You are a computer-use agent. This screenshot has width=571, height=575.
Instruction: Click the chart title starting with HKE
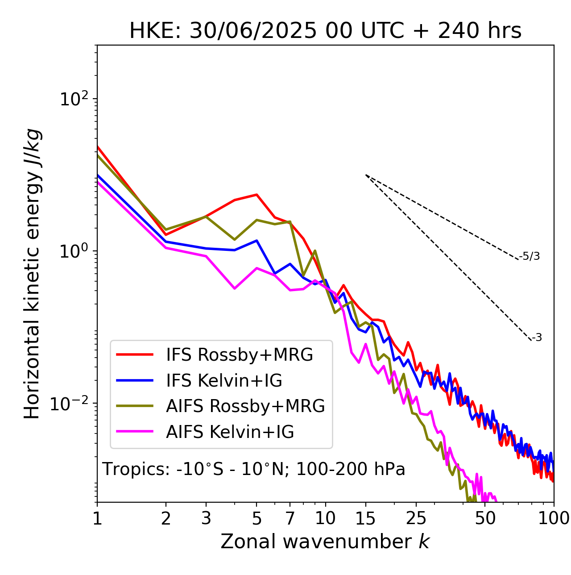pos(325,31)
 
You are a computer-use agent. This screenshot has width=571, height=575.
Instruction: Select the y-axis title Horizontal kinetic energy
pos(33,274)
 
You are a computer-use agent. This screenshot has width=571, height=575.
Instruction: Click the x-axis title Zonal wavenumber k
pos(325,542)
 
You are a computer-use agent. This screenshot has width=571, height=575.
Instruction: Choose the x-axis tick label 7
pos(290,518)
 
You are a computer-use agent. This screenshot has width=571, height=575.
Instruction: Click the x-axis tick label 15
pos(366,518)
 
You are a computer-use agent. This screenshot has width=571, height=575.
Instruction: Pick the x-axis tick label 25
pos(416,518)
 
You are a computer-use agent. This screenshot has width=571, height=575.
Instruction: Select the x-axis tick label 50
pos(485,518)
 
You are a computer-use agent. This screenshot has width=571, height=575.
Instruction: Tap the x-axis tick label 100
pos(553,518)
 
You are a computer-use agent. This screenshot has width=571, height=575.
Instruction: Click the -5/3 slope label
pos(530,257)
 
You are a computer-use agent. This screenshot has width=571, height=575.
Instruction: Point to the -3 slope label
pos(537,338)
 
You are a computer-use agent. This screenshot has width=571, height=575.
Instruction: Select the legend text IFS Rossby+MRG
pos(240,355)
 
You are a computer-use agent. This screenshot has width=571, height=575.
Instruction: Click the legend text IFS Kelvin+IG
pos(224,381)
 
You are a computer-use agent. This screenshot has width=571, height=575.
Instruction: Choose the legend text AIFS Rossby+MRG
pos(245,406)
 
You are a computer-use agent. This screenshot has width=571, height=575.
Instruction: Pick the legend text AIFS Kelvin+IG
pos(230,432)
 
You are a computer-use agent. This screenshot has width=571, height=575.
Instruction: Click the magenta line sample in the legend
pos(135,432)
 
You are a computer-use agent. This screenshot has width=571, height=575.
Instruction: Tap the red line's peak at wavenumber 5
pos(257,195)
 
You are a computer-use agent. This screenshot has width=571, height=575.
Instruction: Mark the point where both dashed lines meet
pos(366,175)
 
